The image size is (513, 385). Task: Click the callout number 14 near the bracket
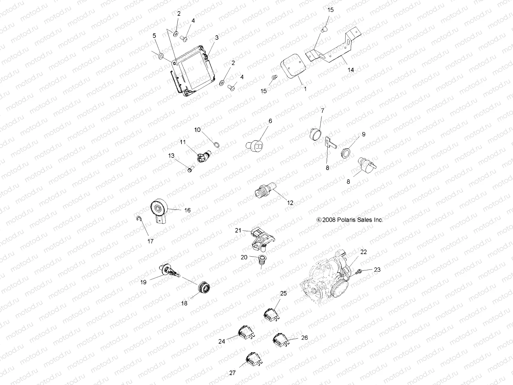(351, 70)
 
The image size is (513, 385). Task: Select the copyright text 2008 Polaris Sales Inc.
(349, 220)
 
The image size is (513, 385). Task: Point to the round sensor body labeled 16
(159, 210)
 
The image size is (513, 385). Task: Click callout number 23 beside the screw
(377, 270)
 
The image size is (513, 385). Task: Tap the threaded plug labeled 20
(263, 263)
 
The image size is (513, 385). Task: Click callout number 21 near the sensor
(238, 230)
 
